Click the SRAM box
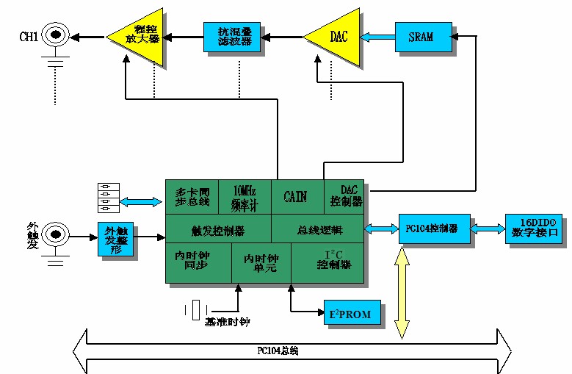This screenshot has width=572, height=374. click(421, 37)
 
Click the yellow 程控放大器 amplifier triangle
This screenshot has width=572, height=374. click(140, 35)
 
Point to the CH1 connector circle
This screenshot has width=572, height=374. click(56, 35)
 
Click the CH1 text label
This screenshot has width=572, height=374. click(28, 35)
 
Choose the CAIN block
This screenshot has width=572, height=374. click(296, 196)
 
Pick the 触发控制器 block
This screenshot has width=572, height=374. click(218, 231)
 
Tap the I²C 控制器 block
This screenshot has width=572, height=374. click(329, 262)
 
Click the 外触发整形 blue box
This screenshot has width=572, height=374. click(116, 240)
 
